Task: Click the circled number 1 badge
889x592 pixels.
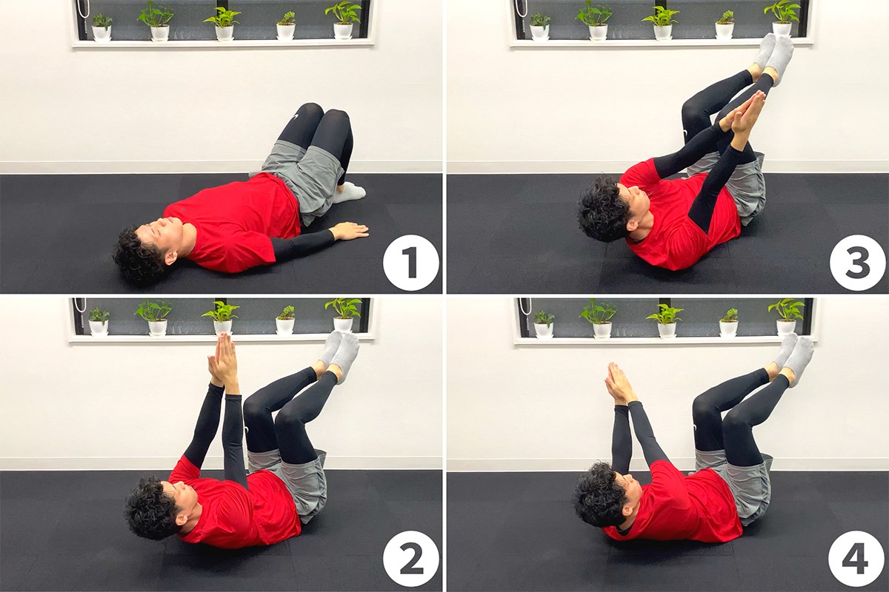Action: tap(410, 263)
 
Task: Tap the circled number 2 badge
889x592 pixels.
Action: tap(410, 559)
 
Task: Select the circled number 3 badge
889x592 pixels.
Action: tap(857, 263)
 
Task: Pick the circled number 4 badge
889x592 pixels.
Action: tap(857, 559)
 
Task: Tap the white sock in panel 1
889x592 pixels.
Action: tap(348, 192)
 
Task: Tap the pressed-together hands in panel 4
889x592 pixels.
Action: tap(619, 383)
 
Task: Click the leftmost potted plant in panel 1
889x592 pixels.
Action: tap(102, 28)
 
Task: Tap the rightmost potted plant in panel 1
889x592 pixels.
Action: tap(343, 21)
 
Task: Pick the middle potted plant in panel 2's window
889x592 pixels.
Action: tap(222, 318)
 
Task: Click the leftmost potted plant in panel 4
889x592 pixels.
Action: tap(543, 323)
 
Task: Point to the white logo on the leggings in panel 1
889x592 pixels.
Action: tap(296, 117)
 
